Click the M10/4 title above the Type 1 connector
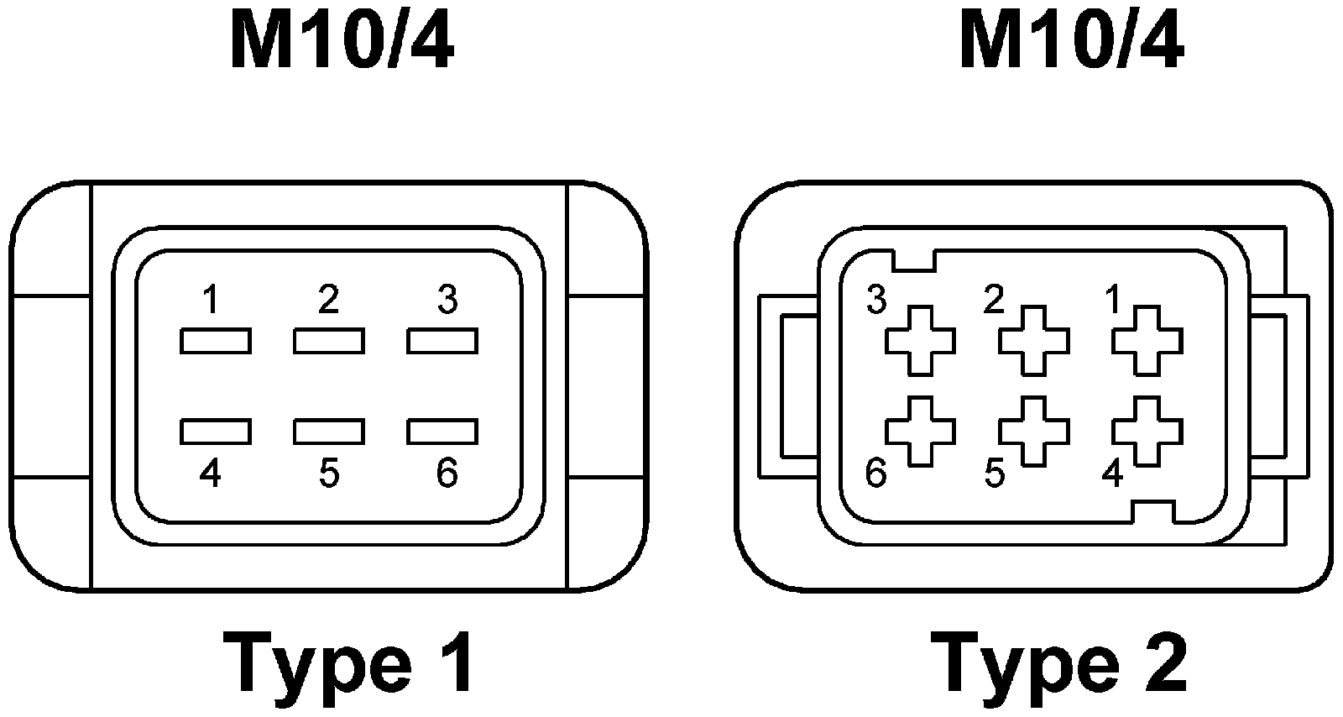coord(342,43)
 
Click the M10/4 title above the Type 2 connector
coord(1071,43)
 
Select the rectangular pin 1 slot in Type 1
coord(215,341)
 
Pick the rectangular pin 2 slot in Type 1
coord(329,341)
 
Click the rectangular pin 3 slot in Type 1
coord(442,341)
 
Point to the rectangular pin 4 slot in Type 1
coord(215,431)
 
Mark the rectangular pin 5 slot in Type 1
coord(329,431)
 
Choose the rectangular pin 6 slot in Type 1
coord(442,431)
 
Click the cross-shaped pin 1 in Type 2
coord(1147,341)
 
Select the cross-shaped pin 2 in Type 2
coord(1034,341)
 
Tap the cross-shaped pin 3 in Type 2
coord(921,341)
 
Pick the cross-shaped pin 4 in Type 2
coord(1147,431)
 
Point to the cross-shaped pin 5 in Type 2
coord(1034,431)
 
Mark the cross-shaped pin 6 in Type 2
coord(921,431)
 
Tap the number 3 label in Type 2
coord(876,300)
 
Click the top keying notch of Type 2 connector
coord(914,260)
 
